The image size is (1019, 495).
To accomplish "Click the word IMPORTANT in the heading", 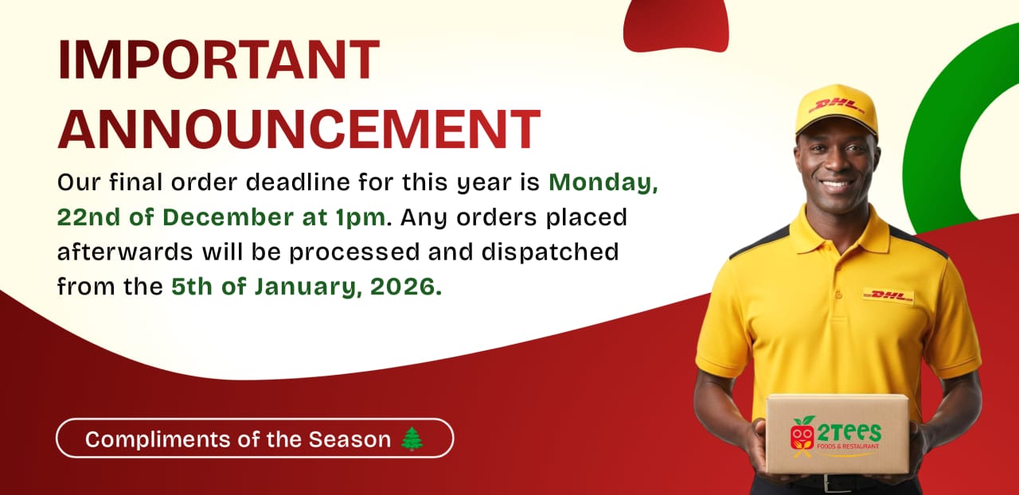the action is (219, 60).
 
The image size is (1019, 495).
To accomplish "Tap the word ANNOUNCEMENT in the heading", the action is (299, 129).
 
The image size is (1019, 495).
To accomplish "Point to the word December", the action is (228, 217).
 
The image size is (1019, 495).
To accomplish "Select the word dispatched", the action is (550, 252).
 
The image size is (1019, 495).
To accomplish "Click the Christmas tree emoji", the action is (412, 438).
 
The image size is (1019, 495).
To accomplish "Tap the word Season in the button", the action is (349, 439).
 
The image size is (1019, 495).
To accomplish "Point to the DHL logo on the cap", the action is (836, 107).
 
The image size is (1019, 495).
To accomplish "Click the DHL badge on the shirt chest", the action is (888, 296).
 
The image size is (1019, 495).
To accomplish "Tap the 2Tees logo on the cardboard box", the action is (836, 436).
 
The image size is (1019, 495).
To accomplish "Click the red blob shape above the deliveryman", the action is (677, 25).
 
